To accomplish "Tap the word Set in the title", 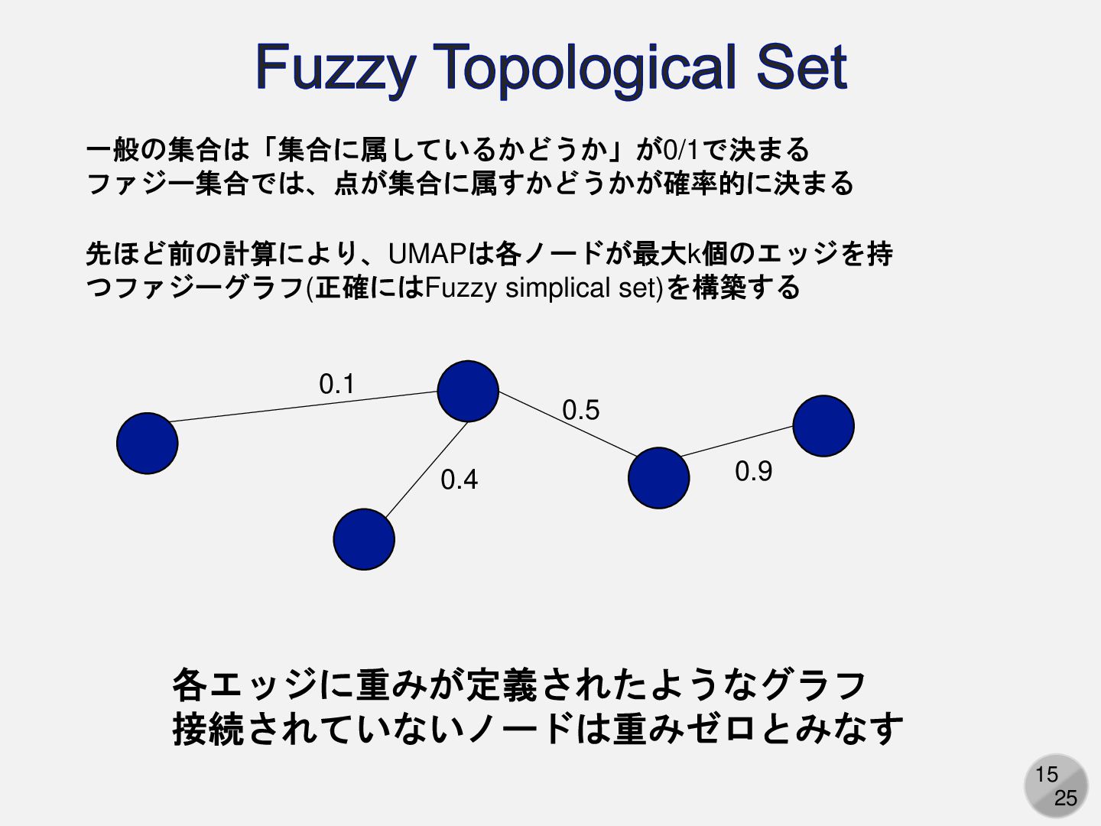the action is click(x=801, y=67).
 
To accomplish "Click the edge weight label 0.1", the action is click(x=336, y=384).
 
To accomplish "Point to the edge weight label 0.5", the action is click(x=581, y=411).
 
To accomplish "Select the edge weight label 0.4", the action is click(x=459, y=480).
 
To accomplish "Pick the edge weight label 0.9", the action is click(x=753, y=471).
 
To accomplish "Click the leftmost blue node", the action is click(x=147, y=444).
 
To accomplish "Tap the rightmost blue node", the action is click(x=823, y=426).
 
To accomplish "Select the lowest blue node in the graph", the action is click(x=364, y=539).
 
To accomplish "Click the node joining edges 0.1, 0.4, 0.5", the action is click(x=468, y=391).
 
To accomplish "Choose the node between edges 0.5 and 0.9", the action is click(x=658, y=478).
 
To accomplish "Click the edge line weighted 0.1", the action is click(x=306, y=406).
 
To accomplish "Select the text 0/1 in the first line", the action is click(x=680, y=149).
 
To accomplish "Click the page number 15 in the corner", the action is click(x=1046, y=775).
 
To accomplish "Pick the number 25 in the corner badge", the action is click(x=1065, y=798).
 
